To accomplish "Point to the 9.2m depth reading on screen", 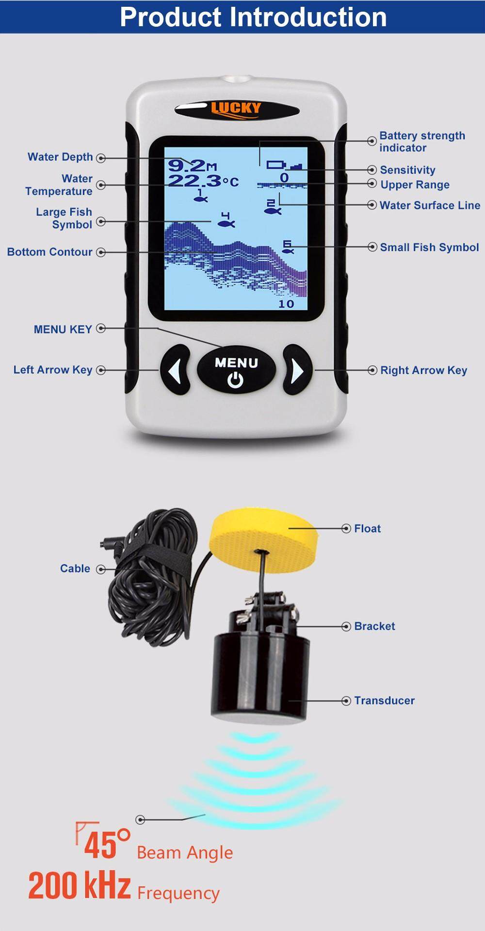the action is tap(193, 166).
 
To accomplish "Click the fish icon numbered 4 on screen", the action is tap(226, 220).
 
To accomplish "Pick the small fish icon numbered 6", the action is tap(288, 247).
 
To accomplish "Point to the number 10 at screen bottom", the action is tap(286, 304).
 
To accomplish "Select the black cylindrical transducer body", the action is tap(260, 675).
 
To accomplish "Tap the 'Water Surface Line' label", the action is tap(430, 205).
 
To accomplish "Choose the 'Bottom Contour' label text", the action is tap(49, 252).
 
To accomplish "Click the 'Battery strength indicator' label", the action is tap(422, 142).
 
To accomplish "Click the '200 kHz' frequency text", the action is tap(80, 886).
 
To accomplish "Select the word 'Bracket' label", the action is tap(374, 626).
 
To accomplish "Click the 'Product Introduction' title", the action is tap(253, 17).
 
